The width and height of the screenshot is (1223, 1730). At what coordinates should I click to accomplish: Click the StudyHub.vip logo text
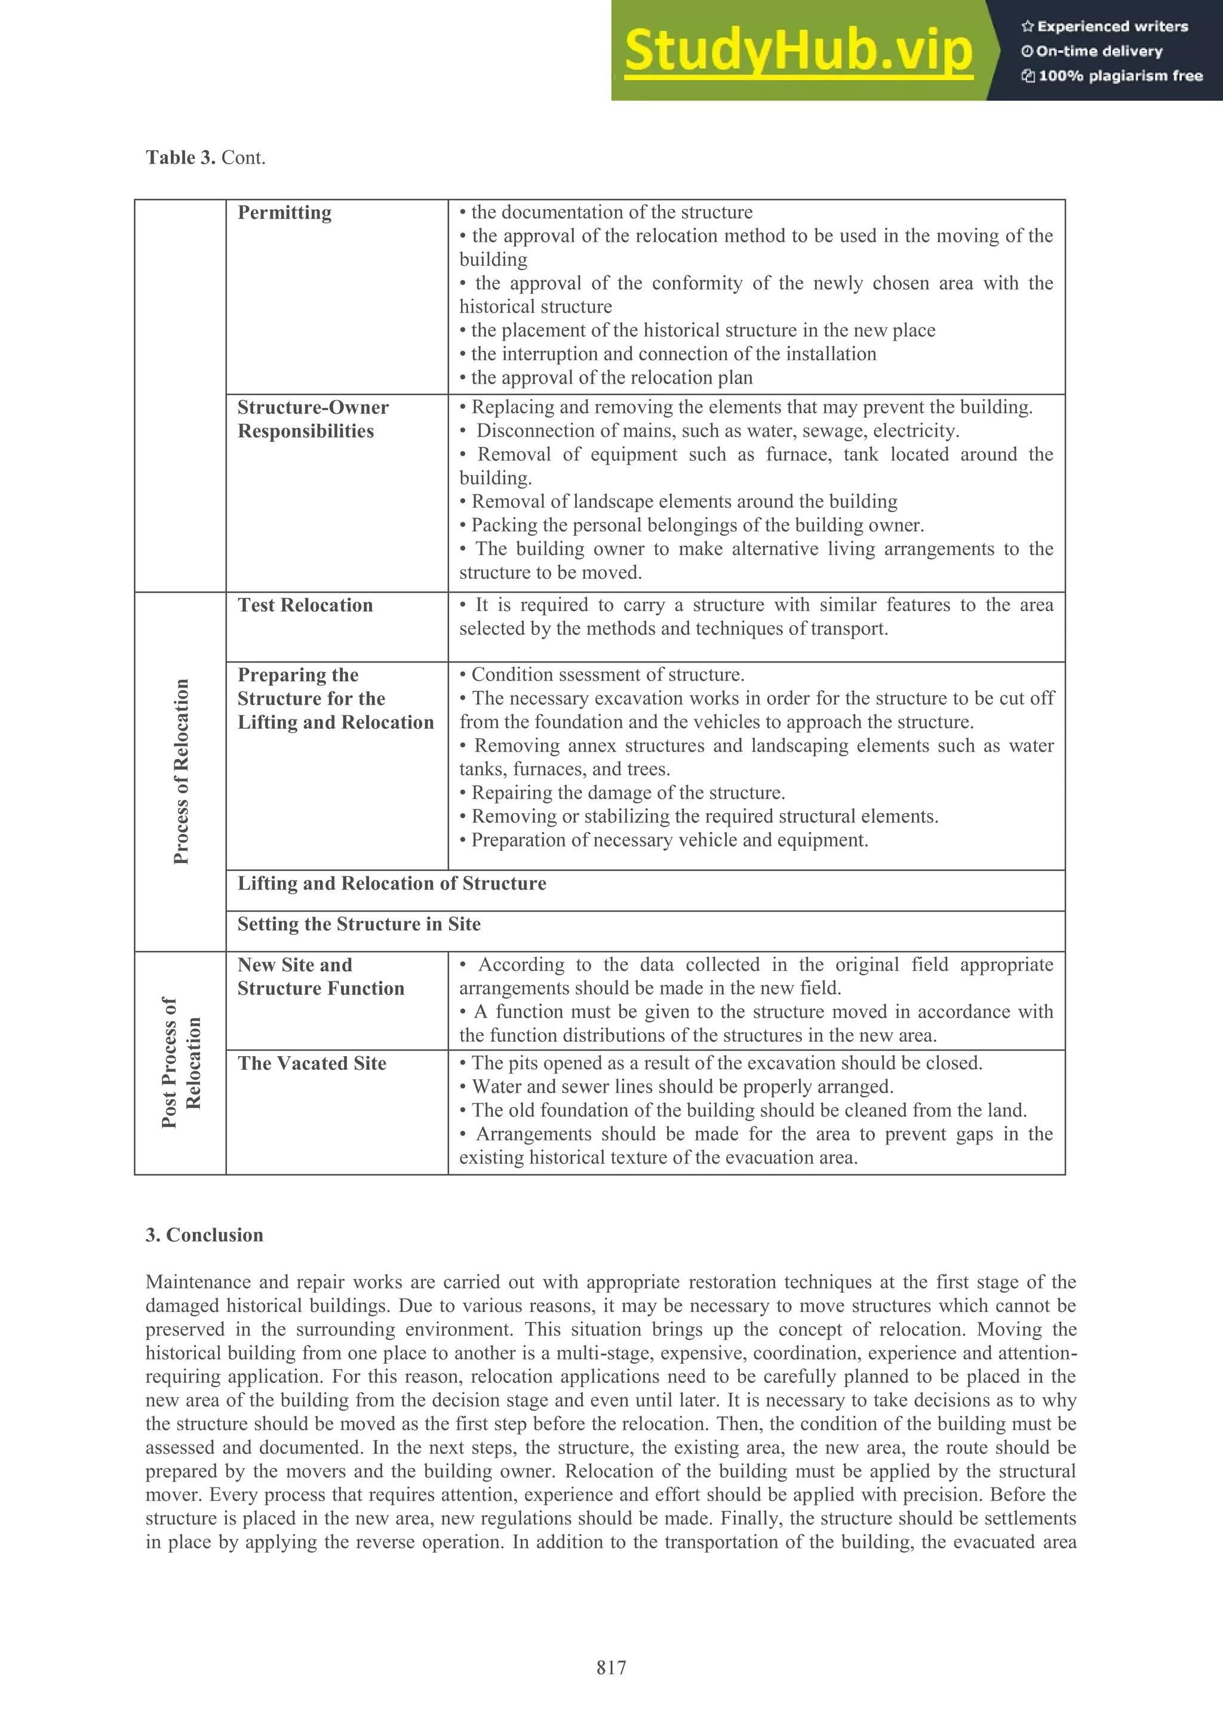[798, 51]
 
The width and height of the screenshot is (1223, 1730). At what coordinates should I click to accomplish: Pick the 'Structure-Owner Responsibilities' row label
[312, 419]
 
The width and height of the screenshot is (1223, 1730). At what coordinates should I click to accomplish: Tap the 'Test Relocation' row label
[305, 605]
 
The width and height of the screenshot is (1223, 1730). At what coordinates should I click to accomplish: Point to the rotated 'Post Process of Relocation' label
[181, 1062]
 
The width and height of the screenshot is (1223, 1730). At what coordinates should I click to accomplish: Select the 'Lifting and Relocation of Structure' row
[392, 883]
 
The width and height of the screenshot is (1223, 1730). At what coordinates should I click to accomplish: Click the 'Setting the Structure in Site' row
[358, 924]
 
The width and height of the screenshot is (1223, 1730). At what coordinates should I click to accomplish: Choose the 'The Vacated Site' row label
[312, 1063]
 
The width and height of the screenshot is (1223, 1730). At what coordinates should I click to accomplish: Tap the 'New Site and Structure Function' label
[320, 977]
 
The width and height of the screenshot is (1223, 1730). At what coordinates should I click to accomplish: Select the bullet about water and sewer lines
[681, 1087]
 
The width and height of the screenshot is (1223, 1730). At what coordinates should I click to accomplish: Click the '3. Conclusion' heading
[204, 1235]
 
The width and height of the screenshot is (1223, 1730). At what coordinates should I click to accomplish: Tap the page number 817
[611, 1667]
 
